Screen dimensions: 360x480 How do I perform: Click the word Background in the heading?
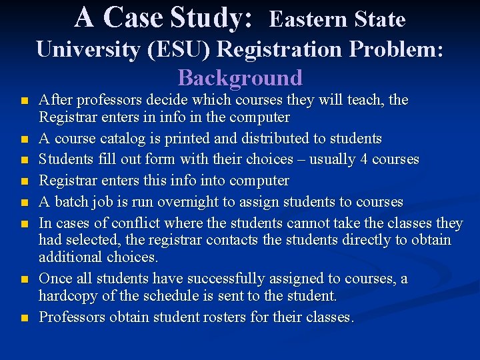point(240,78)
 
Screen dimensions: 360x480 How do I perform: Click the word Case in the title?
point(133,17)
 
